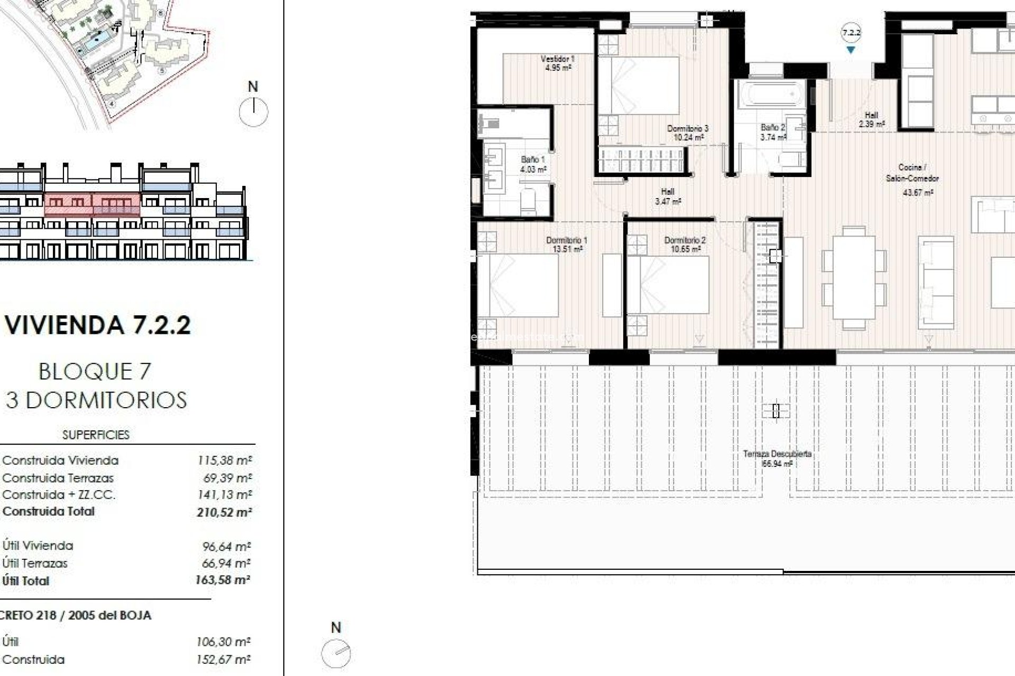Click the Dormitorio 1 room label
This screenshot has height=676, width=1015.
coord(567,240)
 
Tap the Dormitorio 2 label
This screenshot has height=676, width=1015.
coord(685,240)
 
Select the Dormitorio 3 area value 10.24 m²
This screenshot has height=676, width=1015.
coord(688,137)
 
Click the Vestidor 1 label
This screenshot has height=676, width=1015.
coord(558,59)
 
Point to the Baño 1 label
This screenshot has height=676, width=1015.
coord(532,159)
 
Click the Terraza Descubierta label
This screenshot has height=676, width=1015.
coord(777,454)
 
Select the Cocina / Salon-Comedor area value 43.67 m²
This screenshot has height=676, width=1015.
coord(918,193)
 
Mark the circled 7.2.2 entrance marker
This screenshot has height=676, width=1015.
coord(851,33)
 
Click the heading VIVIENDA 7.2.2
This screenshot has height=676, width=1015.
coord(98,325)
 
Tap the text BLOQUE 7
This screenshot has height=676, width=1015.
coord(95,372)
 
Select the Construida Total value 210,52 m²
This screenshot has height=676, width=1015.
coord(224,512)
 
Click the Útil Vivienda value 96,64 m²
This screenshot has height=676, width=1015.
coord(226,546)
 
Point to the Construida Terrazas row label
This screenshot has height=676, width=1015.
coord(58,478)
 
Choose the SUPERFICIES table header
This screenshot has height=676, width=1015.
coord(96,435)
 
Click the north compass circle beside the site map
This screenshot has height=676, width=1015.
coord(253,112)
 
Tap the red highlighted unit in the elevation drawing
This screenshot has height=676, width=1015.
coord(93,205)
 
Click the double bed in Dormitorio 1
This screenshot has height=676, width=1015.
coord(518,285)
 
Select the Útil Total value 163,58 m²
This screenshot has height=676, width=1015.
coord(223,580)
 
